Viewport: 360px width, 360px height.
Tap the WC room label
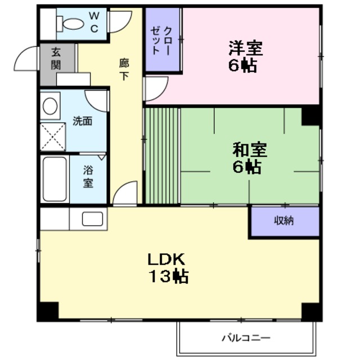click(x=93, y=21)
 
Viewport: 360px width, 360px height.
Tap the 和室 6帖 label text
click(x=250, y=158)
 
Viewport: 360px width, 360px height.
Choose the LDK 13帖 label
click(x=167, y=268)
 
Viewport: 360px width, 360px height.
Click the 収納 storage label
click(x=284, y=220)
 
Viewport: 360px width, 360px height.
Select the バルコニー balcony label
click(x=245, y=338)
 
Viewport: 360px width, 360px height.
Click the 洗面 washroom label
click(x=83, y=121)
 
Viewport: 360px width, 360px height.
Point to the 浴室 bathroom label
click(x=88, y=176)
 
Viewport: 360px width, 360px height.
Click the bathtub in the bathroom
click(x=55, y=179)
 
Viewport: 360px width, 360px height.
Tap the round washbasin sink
click(x=51, y=106)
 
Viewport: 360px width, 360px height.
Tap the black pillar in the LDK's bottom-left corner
click(x=48, y=311)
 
